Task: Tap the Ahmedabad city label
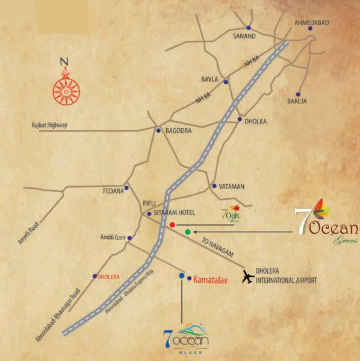coord(311,22)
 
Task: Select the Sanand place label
coord(244,36)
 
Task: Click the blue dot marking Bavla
coord(226,82)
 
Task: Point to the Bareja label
coord(297,101)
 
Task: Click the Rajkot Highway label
coord(49,125)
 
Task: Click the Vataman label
coord(232,187)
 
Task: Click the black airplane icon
coord(247,277)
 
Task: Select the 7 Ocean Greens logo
coord(326,226)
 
